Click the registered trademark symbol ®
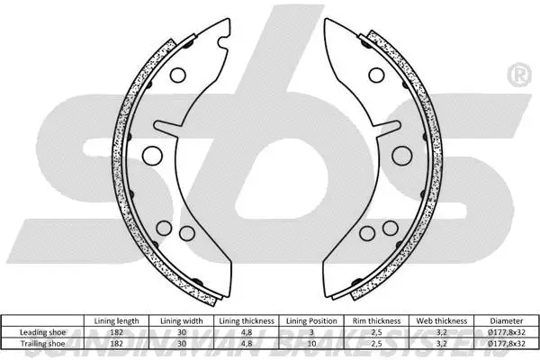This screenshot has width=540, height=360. (x=519, y=71)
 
